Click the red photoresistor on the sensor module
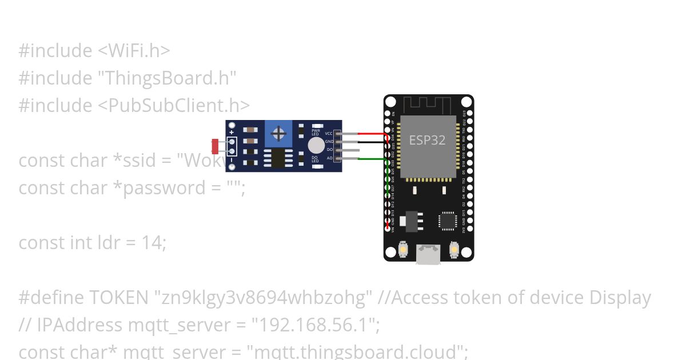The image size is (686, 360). click(x=215, y=146)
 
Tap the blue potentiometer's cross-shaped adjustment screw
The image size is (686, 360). click(x=279, y=134)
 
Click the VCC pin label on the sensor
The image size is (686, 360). click(x=329, y=133)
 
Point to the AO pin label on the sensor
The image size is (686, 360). click(x=329, y=158)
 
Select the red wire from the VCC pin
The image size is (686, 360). click(x=372, y=134)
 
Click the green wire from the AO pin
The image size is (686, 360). click(x=372, y=158)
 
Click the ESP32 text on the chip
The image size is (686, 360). click(x=427, y=139)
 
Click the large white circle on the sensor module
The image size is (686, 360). click(x=316, y=145)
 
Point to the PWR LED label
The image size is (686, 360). click(x=315, y=132)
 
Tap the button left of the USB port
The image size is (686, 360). click(x=403, y=250)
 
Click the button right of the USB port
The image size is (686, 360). click(x=454, y=250)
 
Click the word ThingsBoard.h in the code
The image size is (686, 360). click(x=168, y=78)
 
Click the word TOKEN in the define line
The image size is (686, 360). click(x=119, y=297)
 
